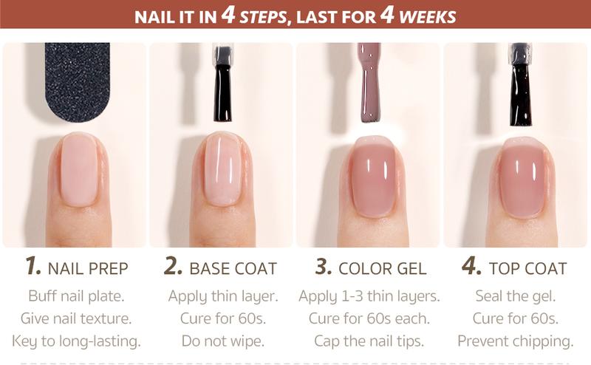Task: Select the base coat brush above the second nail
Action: click(222, 85)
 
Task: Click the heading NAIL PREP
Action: click(87, 268)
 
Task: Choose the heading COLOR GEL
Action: click(380, 268)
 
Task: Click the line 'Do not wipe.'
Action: click(222, 341)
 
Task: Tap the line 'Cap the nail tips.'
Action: click(369, 341)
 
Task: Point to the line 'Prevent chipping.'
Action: click(516, 341)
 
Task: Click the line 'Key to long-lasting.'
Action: click(76, 341)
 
